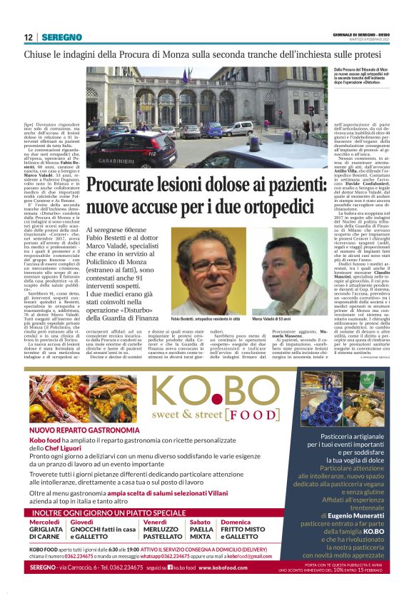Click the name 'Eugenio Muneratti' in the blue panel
click(x=359, y=515)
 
